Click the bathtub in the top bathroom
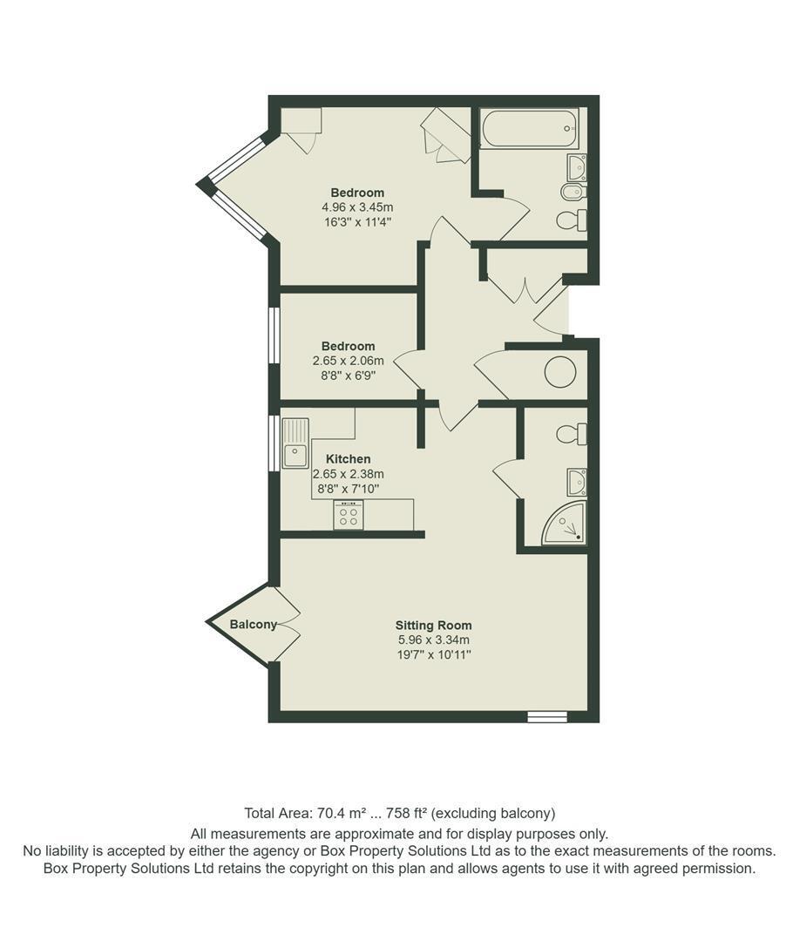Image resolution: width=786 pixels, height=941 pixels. pos(531,128)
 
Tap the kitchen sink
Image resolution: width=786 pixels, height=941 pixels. pos(295,443)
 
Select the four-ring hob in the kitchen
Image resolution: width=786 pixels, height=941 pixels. pos(349,515)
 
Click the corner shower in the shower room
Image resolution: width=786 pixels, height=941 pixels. pos(564,524)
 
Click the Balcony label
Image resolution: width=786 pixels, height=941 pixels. pos(254,625)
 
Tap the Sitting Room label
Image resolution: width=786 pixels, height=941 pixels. pos(433,626)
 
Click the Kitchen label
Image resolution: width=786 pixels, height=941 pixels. pos(348,459)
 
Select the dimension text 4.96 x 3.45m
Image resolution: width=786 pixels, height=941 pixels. pos(357,207)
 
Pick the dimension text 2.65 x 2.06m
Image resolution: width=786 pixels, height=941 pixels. pos(348,362)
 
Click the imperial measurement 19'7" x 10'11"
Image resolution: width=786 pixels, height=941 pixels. pos(434,654)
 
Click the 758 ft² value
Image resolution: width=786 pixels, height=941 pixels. pos(406,813)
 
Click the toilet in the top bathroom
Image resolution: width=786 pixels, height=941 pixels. pos(572,220)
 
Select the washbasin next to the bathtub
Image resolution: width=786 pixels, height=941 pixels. pos(577,167)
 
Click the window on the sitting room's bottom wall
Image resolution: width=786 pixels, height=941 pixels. pos(547,716)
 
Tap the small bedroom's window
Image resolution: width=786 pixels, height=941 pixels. pos(274,335)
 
